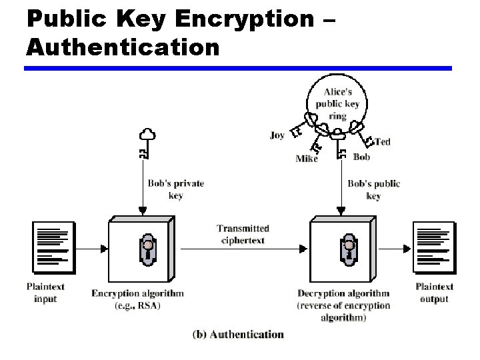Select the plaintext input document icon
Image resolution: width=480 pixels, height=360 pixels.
coord(54,247)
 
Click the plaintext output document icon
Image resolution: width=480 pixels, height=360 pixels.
coord(433,247)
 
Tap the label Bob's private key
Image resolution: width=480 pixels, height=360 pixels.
coord(175,189)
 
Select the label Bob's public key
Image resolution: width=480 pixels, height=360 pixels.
coord(373,189)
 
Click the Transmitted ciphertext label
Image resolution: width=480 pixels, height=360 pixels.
coord(243,234)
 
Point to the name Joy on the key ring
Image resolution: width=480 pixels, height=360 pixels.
coord(277,135)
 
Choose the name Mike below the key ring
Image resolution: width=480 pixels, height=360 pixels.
coord(306,159)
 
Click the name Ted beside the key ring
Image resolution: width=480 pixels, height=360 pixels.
coord(382,141)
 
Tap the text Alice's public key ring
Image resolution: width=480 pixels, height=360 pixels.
coord(337,103)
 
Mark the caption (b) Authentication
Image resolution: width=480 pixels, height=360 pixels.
coord(238,335)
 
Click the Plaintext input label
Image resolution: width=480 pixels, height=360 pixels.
coord(45,293)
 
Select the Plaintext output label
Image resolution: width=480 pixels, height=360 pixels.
coord(434,293)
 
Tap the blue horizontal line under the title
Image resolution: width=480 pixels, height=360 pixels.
coord(238,68)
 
